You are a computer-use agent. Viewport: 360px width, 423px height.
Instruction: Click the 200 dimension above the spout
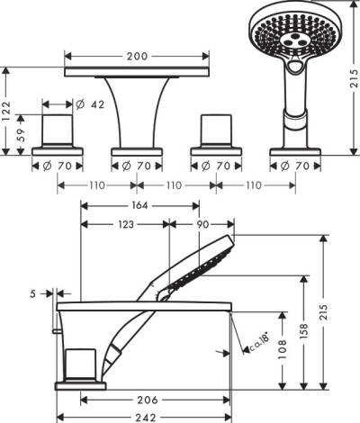[x=137, y=56]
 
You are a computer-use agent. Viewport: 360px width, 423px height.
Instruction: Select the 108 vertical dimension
[x=283, y=347]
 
